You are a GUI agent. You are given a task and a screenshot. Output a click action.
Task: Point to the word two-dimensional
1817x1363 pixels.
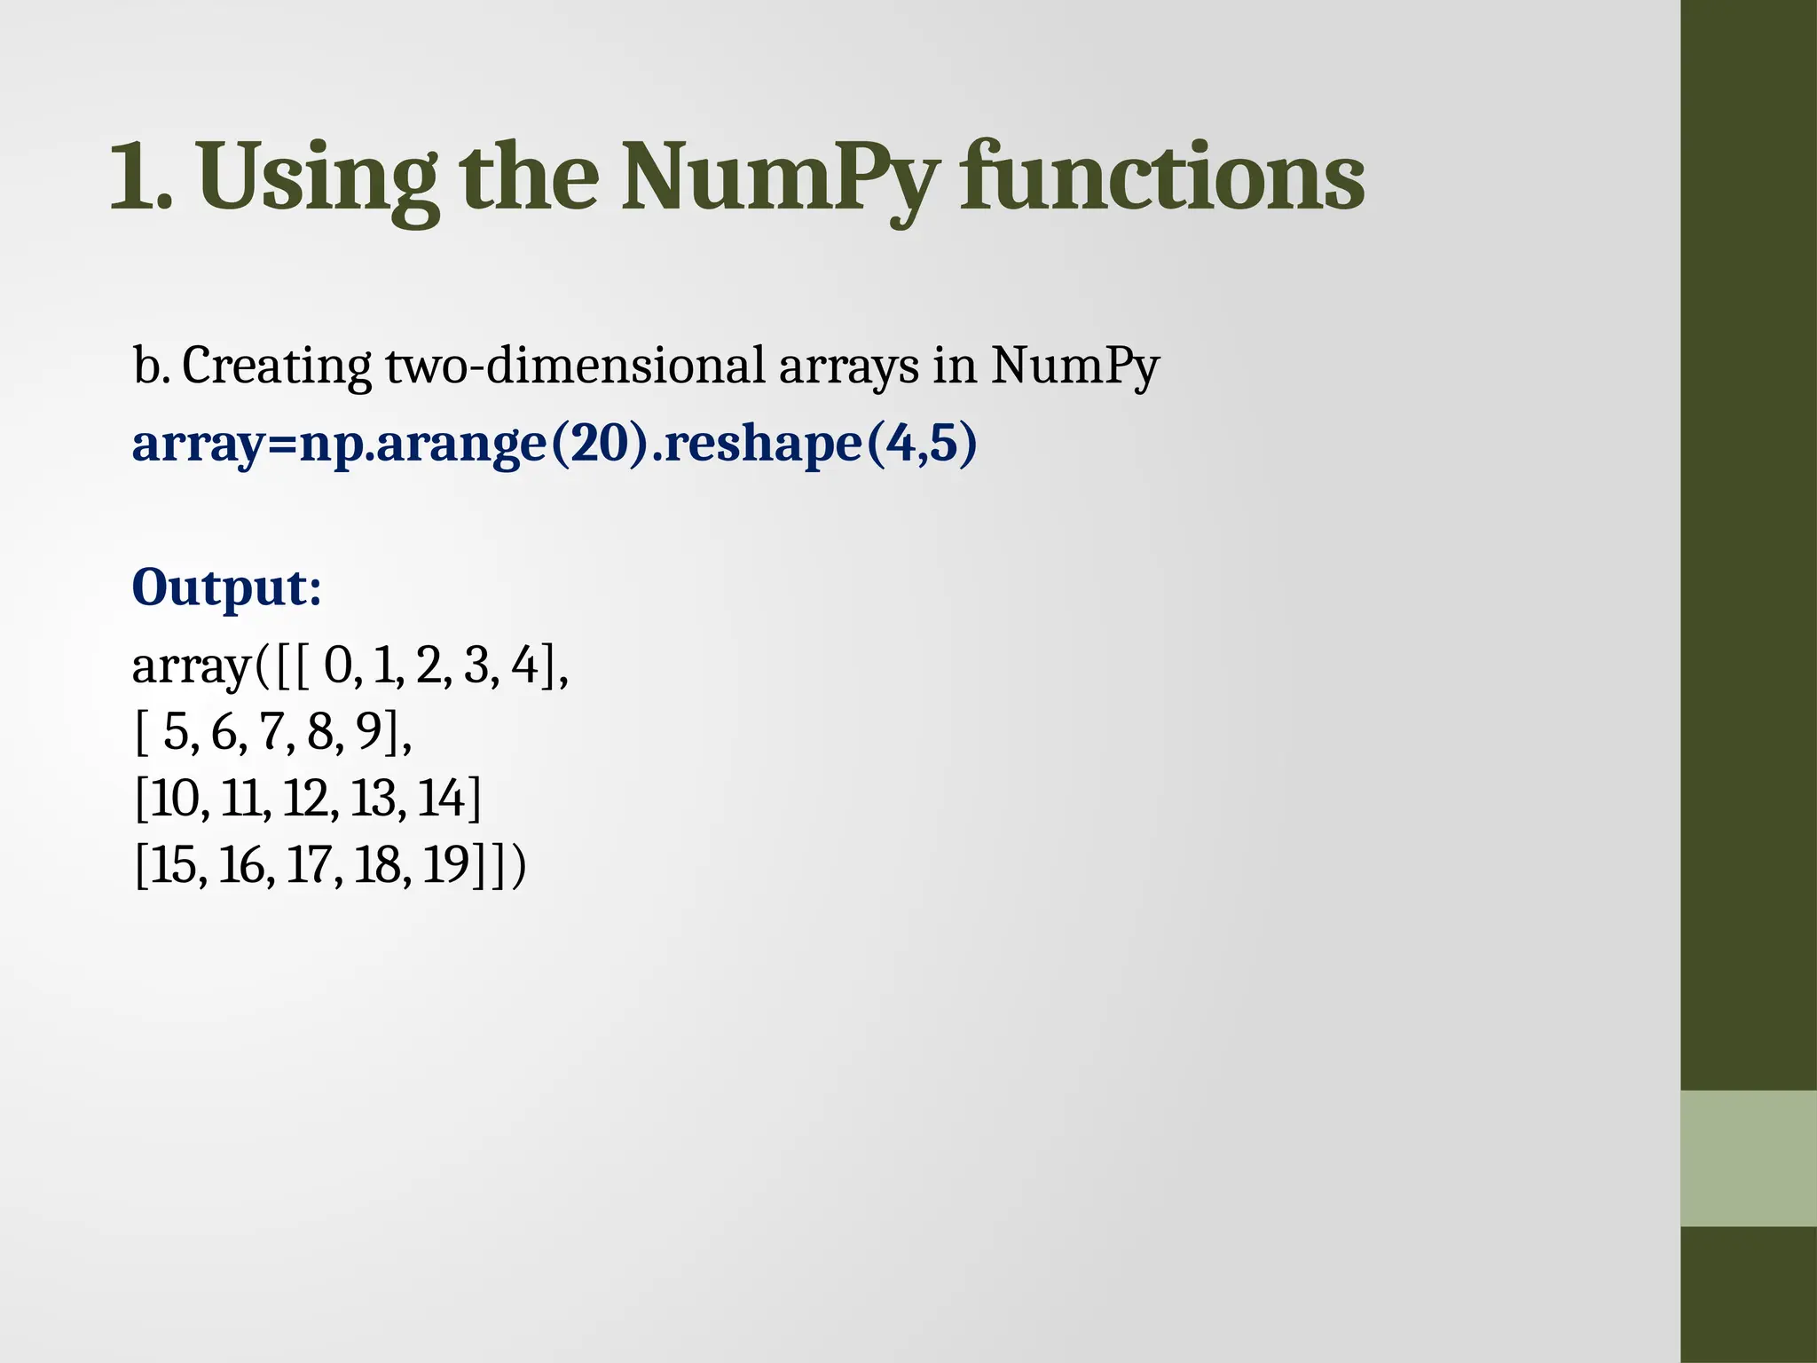[x=575, y=366]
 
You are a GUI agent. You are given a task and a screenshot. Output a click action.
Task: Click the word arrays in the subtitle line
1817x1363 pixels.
[x=848, y=366]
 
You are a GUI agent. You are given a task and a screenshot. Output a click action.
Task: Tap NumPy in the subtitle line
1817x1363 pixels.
[x=1074, y=366]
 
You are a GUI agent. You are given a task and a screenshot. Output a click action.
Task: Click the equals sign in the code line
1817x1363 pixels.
[x=281, y=445]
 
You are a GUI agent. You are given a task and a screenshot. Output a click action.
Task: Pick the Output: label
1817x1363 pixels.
[x=226, y=587]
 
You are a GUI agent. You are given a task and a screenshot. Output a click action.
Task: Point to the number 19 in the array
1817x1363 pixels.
[x=445, y=865]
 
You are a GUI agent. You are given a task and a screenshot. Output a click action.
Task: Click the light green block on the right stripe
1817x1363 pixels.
[x=1748, y=1158]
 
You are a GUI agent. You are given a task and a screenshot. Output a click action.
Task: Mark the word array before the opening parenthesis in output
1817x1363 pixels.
[x=191, y=667]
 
